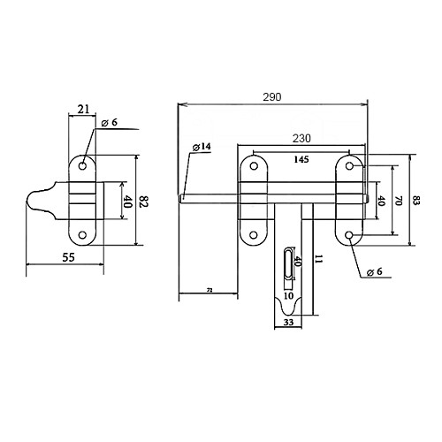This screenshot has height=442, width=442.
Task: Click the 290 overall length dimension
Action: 272,97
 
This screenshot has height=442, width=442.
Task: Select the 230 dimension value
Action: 301,138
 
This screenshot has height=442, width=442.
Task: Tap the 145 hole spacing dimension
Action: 301,159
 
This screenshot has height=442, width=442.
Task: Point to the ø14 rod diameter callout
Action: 202,147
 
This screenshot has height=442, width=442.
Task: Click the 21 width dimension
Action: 83,110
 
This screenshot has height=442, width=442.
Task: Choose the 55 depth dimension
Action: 69,257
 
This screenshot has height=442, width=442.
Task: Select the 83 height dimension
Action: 416,201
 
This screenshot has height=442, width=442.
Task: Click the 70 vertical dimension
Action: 399,201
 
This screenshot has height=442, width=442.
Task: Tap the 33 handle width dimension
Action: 288,322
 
